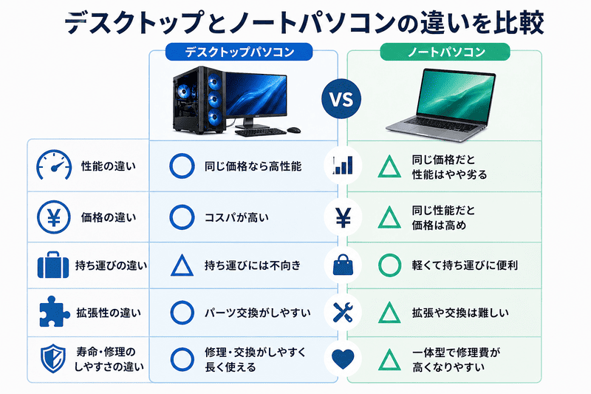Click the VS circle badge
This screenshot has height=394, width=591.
click(x=341, y=98)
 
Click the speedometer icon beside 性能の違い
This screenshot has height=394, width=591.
click(x=53, y=166)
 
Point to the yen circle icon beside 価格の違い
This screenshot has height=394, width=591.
click(x=53, y=217)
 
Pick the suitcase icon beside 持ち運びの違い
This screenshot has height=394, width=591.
click(x=53, y=265)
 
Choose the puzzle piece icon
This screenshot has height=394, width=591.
click(x=53, y=313)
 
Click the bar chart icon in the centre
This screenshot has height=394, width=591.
click(x=343, y=166)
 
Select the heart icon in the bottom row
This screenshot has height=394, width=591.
click(x=343, y=359)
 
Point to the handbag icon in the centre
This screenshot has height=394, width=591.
click(x=343, y=265)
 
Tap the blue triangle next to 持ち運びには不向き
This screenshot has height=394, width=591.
click(x=181, y=265)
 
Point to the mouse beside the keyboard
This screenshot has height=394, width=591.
click(x=293, y=129)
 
